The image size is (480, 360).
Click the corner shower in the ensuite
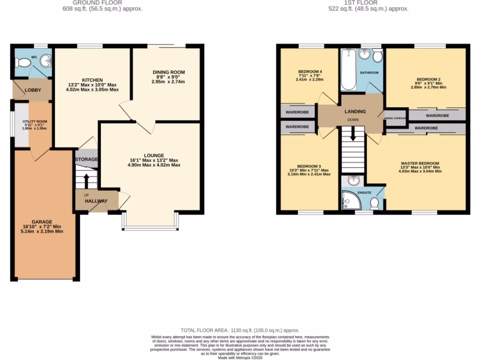(x=349, y=201)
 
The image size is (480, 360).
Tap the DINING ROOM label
(x=169, y=72)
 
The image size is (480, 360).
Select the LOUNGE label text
(x=154, y=155)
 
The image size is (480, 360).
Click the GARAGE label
(x=42, y=222)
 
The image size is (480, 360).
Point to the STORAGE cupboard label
(x=86, y=159)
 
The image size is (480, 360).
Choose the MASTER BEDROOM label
(x=420, y=163)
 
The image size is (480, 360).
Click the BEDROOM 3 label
(x=309, y=166)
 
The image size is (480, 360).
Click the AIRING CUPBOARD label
(x=395, y=119)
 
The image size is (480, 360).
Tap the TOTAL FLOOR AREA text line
(x=240, y=330)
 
